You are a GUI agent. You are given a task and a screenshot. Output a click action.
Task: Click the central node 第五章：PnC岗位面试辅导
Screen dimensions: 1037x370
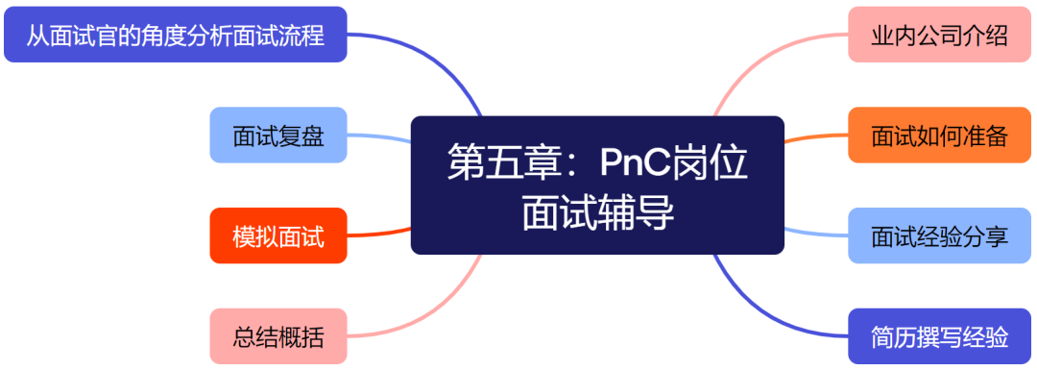click(x=597, y=185)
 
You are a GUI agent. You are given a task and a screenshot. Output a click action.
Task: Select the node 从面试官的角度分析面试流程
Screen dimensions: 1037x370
click(x=175, y=36)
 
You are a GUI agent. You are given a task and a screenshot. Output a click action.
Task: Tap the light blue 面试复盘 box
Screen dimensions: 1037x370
click(x=277, y=136)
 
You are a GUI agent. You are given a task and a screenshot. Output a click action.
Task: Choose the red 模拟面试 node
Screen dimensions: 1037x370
click(x=277, y=235)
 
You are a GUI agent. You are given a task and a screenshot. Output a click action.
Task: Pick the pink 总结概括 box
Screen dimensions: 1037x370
click(x=277, y=336)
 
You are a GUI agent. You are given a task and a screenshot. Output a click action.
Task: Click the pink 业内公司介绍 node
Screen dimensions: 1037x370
click(x=939, y=36)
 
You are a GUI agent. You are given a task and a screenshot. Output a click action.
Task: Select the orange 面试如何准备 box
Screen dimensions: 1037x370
click(x=939, y=136)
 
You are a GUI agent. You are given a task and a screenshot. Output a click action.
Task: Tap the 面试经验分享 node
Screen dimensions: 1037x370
click(x=939, y=235)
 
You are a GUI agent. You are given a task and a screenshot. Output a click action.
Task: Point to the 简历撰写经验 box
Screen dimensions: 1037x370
click(x=939, y=336)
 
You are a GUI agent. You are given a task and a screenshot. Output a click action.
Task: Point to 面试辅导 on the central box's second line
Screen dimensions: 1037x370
click(x=597, y=212)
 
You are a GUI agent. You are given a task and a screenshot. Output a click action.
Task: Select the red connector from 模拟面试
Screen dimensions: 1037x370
click(x=379, y=234)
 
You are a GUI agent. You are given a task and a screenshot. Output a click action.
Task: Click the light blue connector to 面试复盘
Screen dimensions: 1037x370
click(x=379, y=139)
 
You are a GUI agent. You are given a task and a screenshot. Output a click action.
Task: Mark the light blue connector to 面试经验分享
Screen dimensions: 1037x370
click(x=816, y=234)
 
